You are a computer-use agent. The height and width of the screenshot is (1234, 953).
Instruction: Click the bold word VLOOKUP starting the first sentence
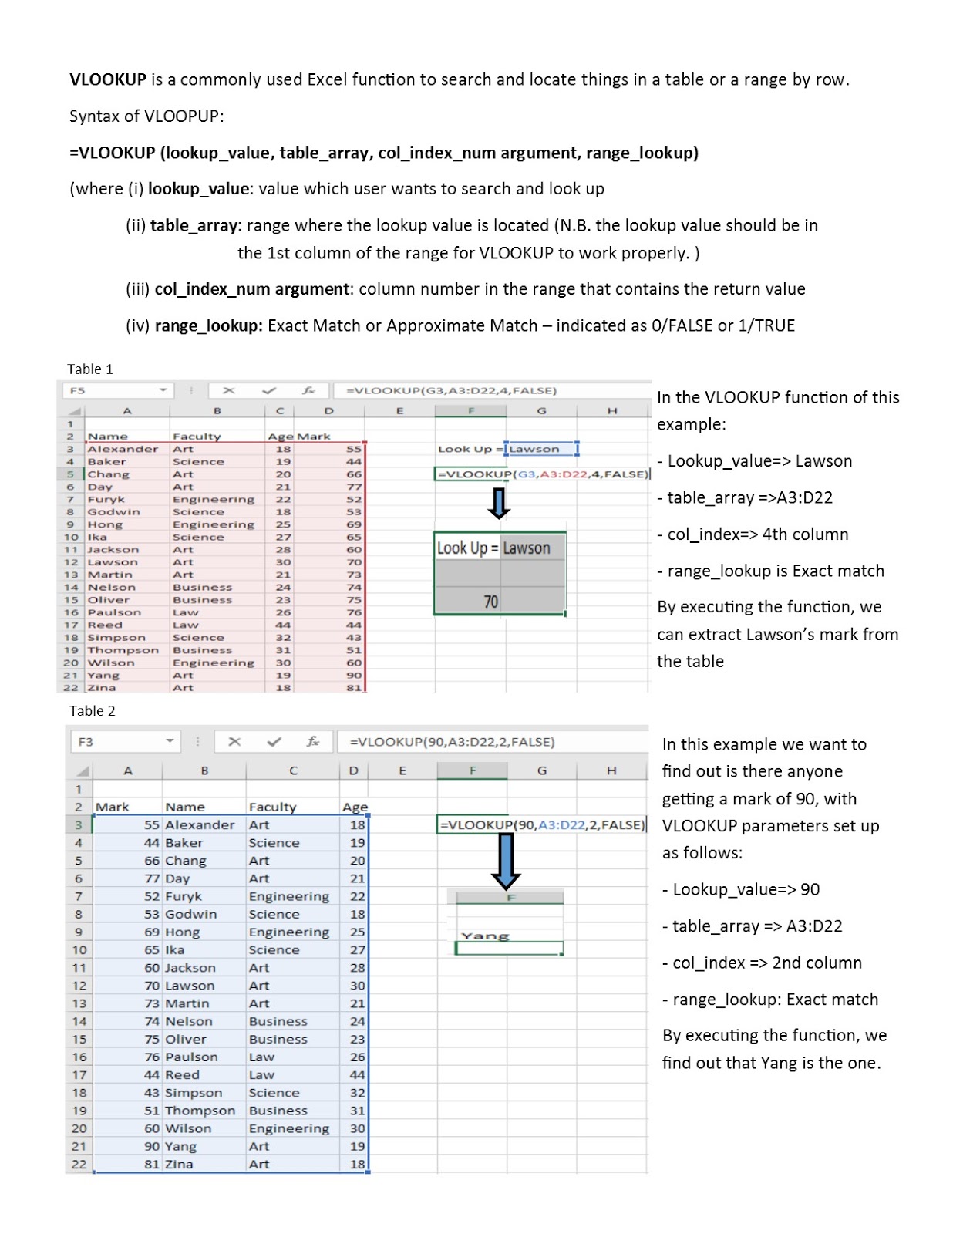pyautogui.click(x=108, y=79)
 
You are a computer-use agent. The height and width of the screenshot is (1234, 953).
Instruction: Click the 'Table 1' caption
pyautogui.click(x=90, y=369)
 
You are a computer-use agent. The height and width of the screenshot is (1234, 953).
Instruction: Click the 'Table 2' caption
pyautogui.click(x=92, y=710)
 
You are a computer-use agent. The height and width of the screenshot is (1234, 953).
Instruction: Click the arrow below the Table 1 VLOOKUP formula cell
pyautogui.click(x=500, y=503)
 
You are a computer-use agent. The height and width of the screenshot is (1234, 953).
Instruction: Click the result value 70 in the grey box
pyautogui.click(x=491, y=602)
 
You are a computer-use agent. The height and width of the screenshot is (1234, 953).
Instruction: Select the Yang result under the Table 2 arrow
pyautogui.click(x=485, y=936)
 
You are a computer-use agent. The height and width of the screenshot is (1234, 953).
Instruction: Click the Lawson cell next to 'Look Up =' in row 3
pyautogui.click(x=540, y=449)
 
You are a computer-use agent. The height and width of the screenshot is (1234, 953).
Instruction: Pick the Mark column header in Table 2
pyautogui.click(x=113, y=807)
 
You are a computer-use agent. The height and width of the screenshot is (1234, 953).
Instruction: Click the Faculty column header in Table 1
pyautogui.click(x=197, y=437)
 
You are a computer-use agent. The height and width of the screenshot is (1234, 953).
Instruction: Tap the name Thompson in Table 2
pyautogui.click(x=200, y=1111)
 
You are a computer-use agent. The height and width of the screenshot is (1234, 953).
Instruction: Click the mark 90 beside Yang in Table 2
pyautogui.click(x=152, y=1146)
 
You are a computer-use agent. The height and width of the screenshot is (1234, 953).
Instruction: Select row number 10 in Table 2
pyautogui.click(x=79, y=949)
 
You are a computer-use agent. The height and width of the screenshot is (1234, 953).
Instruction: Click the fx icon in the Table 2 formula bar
pyautogui.click(x=313, y=741)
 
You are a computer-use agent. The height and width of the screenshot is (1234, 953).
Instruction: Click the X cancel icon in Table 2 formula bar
pyautogui.click(x=234, y=741)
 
